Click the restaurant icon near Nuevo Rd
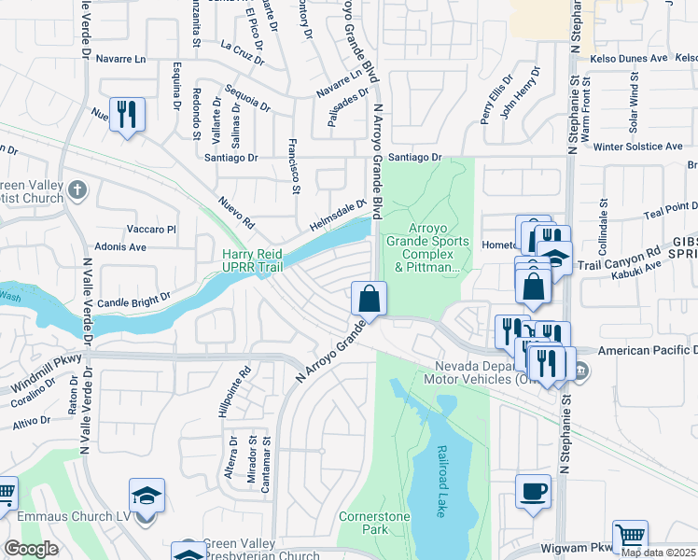pyautogui.click(x=127, y=115)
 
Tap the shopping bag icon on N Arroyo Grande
pyautogui.click(x=369, y=300)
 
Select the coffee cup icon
pyautogui.click(x=533, y=491)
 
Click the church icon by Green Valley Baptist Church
pyautogui.click(x=77, y=190)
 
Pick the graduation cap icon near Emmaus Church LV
pyautogui.click(x=147, y=496)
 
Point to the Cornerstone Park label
pyautogui.click(x=363, y=522)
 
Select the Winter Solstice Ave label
pyautogui.click(x=637, y=147)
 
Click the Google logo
pyautogui.click(x=31, y=549)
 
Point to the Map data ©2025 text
pyautogui.click(x=659, y=553)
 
